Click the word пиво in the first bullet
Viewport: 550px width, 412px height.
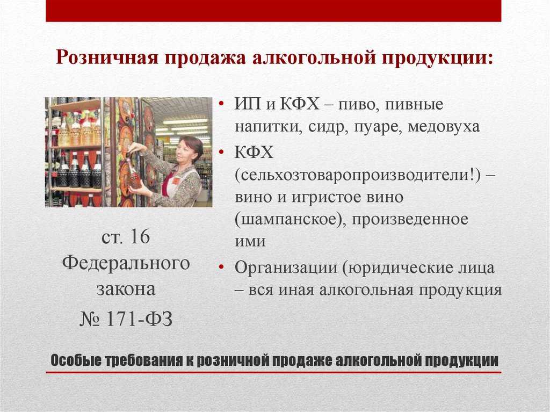pos(358,105)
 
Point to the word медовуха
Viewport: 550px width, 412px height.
pos(443,126)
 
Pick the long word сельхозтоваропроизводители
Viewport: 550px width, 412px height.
pos(354,175)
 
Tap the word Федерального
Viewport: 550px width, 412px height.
pos(126,263)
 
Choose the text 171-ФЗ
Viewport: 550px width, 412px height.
pos(139,320)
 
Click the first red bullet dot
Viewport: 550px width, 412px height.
pos(221,104)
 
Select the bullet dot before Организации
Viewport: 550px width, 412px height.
pos(221,268)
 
